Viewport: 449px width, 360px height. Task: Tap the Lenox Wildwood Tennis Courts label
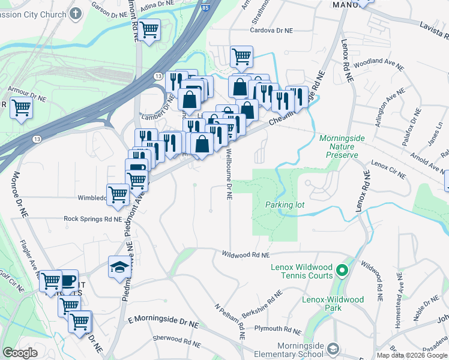click(301, 271)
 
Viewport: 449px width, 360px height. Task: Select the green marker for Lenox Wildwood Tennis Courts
click(342, 271)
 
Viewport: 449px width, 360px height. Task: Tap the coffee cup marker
click(68, 280)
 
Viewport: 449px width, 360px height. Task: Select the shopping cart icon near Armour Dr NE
click(21, 108)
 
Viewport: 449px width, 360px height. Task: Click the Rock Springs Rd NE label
click(93, 219)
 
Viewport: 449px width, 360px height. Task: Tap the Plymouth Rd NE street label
click(277, 329)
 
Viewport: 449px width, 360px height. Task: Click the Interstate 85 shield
click(206, 7)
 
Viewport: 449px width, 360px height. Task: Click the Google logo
click(20, 353)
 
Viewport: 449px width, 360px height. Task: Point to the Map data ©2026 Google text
click(412, 355)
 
